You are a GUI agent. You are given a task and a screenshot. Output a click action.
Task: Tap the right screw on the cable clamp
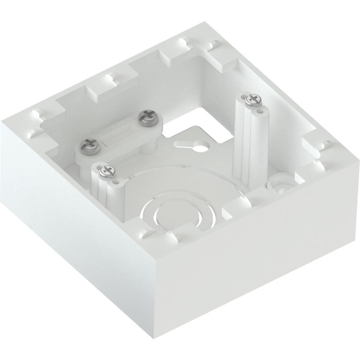(x=145, y=118)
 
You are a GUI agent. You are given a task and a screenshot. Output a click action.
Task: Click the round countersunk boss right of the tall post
(x=277, y=182)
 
